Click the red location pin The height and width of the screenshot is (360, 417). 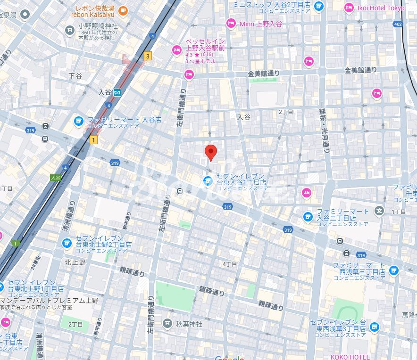pos(211,152)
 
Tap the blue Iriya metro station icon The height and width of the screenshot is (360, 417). pos(117,92)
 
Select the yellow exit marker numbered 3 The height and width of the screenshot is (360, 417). pos(148,56)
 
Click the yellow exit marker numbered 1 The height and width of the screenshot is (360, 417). pos(94,139)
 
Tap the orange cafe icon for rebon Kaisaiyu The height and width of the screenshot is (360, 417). pos(123,9)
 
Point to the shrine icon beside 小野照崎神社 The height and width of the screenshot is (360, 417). pos(70,31)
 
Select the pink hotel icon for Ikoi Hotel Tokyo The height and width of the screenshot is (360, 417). pos(349,8)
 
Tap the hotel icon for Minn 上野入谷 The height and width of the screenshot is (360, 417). pos(231,23)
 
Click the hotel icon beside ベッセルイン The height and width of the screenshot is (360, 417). pos(177,49)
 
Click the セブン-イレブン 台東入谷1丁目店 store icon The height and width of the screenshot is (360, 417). pos(207,180)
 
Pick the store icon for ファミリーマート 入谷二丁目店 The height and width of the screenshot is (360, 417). pos(308,216)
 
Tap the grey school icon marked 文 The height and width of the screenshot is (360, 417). pos(379,210)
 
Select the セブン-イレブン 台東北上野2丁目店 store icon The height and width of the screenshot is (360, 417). pos(67,243)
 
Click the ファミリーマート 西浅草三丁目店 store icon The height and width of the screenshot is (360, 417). pos(393,270)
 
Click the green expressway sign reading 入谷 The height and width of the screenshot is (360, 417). pos(56,178)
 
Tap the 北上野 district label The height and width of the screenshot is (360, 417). pos(75,262)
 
